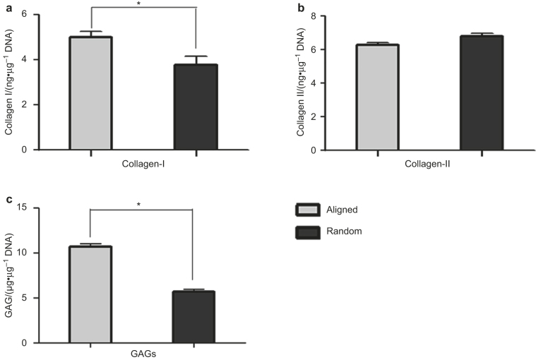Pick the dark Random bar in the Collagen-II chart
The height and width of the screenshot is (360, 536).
coord(482,93)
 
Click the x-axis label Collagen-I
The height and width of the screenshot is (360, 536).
coord(143,164)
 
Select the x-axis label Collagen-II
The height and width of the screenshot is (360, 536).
coord(430,164)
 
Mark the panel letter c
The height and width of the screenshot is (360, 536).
coord(6,200)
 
